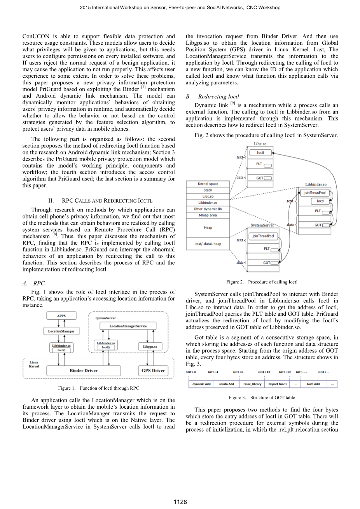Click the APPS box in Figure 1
click(x=61, y=316)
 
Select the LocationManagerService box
click(x=128, y=326)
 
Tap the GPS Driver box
click(x=153, y=371)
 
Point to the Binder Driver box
click(x=84, y=371)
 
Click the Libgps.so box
click(x=150, y=346)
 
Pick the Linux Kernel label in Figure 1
click(x=34, y=364)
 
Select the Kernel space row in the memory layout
click(x=208, y=184)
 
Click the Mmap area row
click(x=208, y=215)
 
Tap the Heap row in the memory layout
click(x=208, y=227)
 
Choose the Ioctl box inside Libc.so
click(x=260, y=153)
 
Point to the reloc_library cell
click(x=252, y=384)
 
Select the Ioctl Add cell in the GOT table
click(x=313, y=384)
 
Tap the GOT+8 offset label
click(x=238, y=372)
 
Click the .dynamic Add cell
click(x=201, y=384)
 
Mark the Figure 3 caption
click(x=262, y=397)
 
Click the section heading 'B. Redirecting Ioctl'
click(x=212, y=96)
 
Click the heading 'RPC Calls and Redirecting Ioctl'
click(x=100, y=201)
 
